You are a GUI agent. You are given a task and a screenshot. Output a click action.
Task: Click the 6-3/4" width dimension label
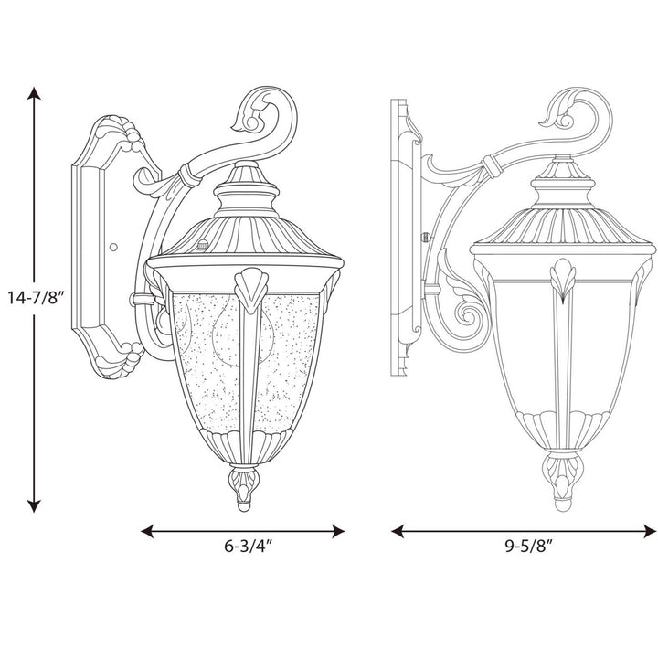(x=244, y=548)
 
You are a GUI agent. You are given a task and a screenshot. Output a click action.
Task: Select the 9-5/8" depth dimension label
(x=525, y=548)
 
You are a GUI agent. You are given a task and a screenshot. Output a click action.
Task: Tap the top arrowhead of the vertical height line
(x=35, y=92)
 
